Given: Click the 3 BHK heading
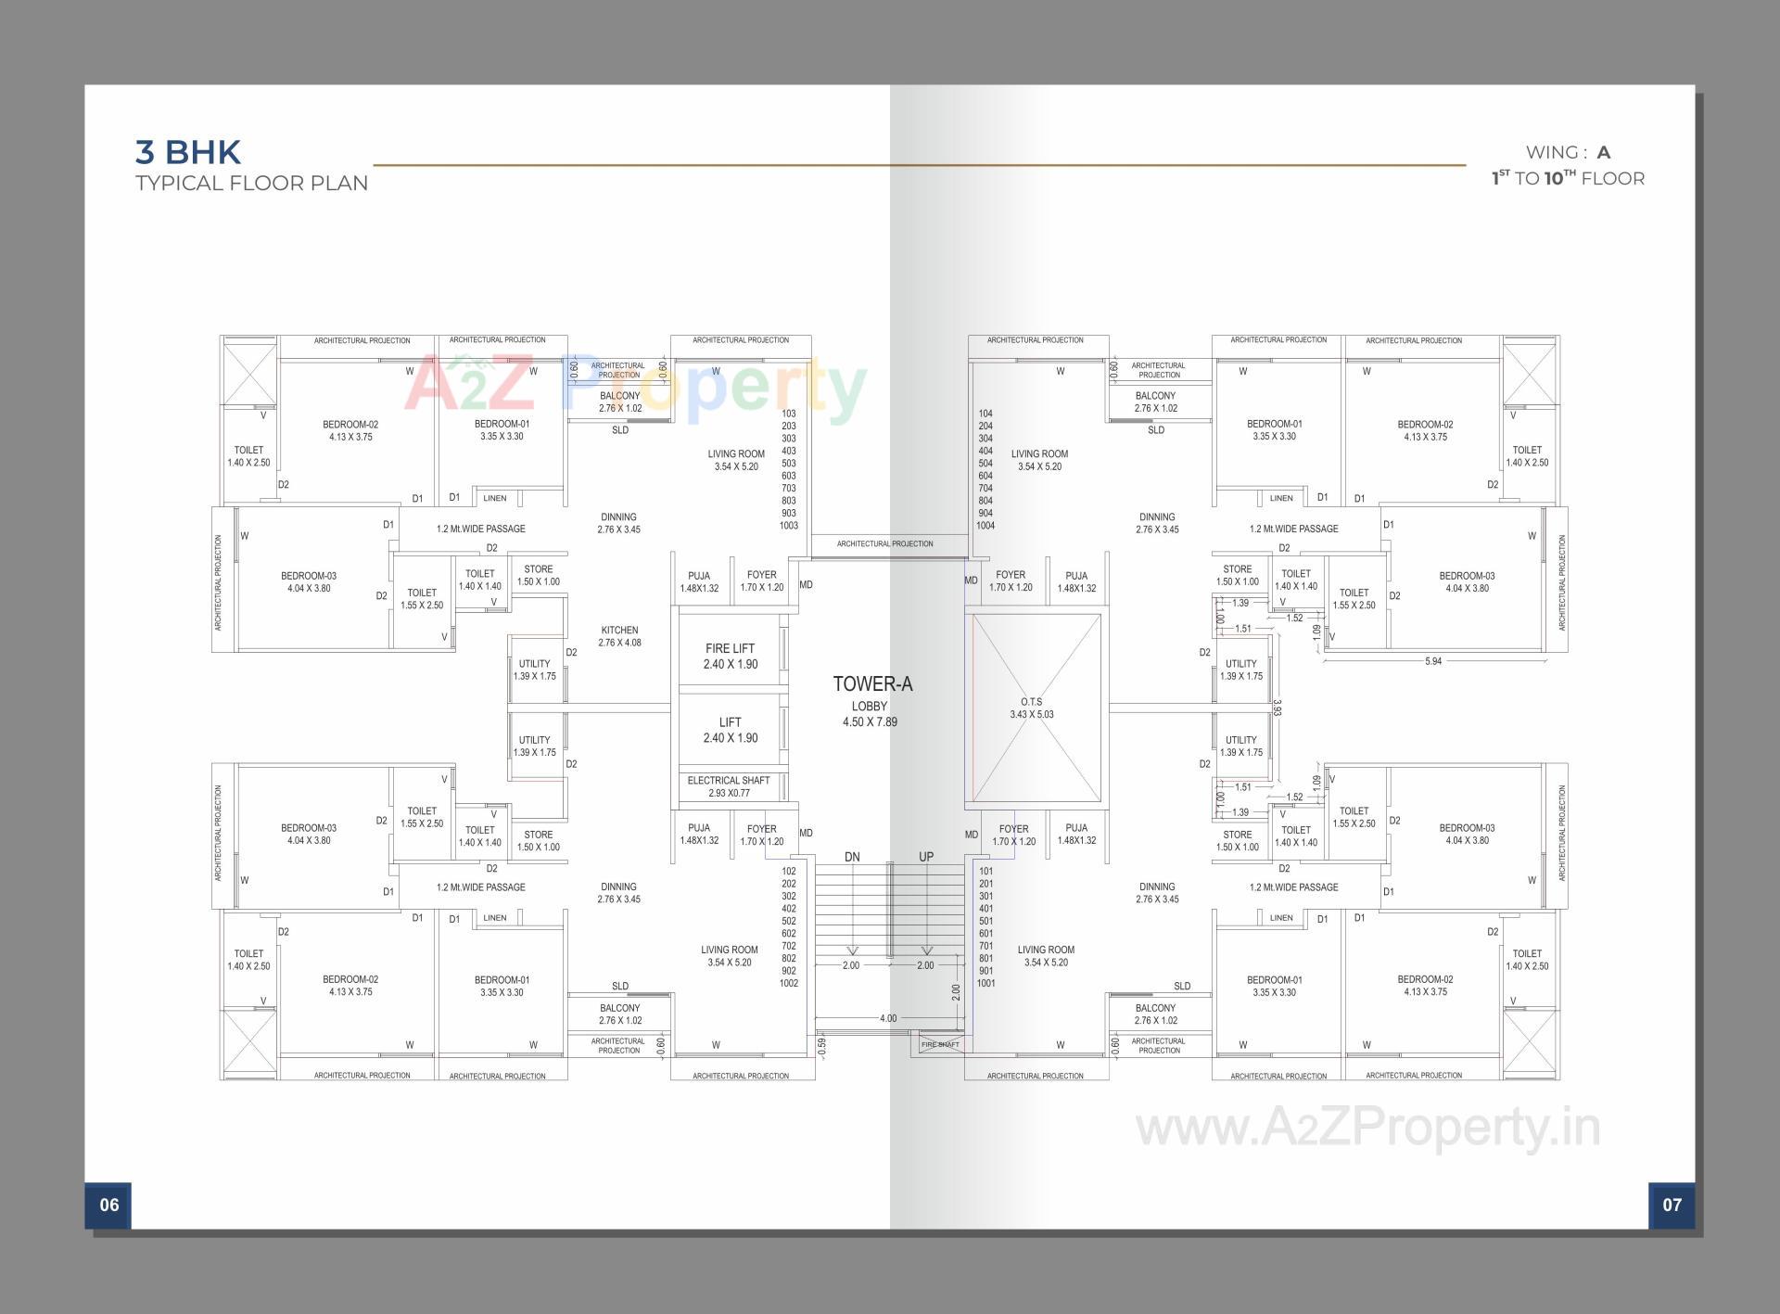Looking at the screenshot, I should click(x=188, y=152).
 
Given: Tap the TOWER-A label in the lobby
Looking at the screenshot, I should click(x=872, y=684).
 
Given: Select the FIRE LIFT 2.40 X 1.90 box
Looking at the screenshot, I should click(x=731, y=656).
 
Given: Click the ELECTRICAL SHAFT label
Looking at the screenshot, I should click(x=729, y=781).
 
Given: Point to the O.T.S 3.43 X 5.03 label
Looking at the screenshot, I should click(x=1031, y=708).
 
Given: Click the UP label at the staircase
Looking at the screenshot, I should click(x=926, y=857).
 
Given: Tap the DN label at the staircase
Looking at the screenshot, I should click(x=852, y=857).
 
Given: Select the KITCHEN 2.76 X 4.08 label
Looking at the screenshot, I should click(x=619, y=636).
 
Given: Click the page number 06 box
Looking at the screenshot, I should click(x=108, y=1205).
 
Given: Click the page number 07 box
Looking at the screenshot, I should click(x=1672, y=1205).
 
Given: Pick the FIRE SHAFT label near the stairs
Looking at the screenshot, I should click(x=940, y=1045).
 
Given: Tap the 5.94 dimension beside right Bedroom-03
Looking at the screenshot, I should click(x=1433, y=661).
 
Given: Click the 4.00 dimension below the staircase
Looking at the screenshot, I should click(x=888, y=1018).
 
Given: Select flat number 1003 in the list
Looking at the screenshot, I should click(x=789, y=526).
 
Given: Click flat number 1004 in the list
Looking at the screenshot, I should click(x=985, y=526).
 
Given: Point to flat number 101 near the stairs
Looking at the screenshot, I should click(x=985, y=871).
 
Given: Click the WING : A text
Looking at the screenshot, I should click(x=1568, y=152).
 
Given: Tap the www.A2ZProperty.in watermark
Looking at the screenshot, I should click(x=1368, y=1128).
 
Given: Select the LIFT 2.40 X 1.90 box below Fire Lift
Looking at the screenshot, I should click(x=731, y=730).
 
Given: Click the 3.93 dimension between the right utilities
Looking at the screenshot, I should click(x=1277, y=708).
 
